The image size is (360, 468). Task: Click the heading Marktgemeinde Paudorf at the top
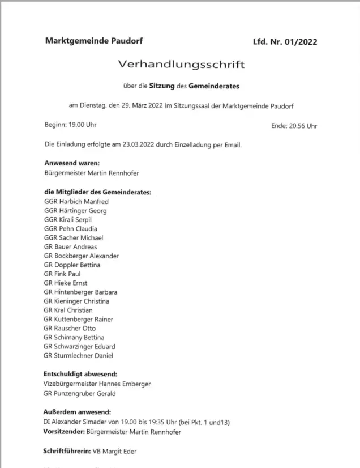point(93,41)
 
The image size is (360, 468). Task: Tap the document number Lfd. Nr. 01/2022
point(285,42)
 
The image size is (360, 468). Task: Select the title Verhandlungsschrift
point(181,65)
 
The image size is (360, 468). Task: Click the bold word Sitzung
point(161,86)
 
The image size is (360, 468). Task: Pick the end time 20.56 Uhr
point(303,125)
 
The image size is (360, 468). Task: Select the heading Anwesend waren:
point(71,163)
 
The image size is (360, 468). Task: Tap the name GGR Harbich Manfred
point(76,201)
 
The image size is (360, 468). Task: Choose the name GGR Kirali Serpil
point(67,219)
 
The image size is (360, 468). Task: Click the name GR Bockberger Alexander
point(81,256)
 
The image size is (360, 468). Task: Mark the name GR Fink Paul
point(62,274)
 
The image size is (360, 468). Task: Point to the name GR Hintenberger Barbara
point(80,292)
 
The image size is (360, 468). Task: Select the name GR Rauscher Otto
point(69,328)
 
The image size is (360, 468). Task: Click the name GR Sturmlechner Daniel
point(78,355)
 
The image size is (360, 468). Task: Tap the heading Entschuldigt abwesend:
point(80,374)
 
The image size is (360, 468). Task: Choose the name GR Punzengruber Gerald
point(79,393)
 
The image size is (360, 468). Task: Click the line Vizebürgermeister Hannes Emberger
point(97,384)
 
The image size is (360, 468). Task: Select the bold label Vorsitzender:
point(63,432)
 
